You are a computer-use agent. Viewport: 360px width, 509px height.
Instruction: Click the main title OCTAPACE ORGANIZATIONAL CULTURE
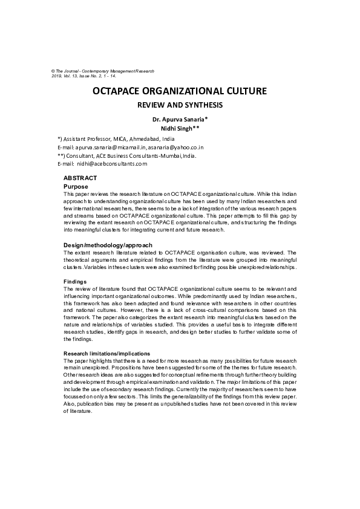tap(179, 92)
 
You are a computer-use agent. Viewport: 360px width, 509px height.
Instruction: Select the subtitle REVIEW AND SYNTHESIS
tap(179, 105)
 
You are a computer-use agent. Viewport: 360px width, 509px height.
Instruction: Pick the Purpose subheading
tap(76, 187)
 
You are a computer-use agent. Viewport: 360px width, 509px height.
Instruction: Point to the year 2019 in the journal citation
tap(57, 77)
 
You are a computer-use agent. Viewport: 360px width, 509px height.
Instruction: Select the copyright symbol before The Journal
tap(53, 71)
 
